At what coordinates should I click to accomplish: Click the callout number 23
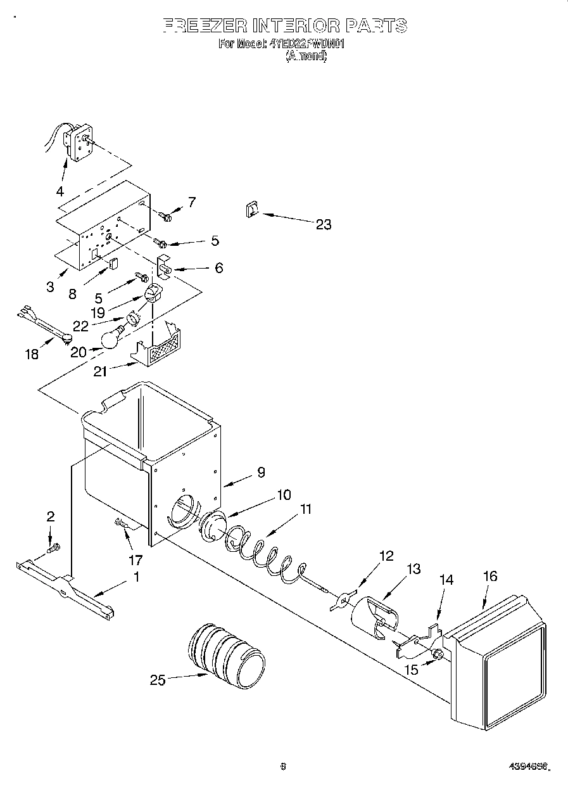point(323,224)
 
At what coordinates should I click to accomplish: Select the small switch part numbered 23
point(251,210)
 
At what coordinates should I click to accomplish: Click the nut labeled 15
point(436,653)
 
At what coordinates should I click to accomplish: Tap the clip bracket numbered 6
point(165,267)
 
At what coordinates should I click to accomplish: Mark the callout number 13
point(413,569)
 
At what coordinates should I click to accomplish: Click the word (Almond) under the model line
point(306,56)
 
